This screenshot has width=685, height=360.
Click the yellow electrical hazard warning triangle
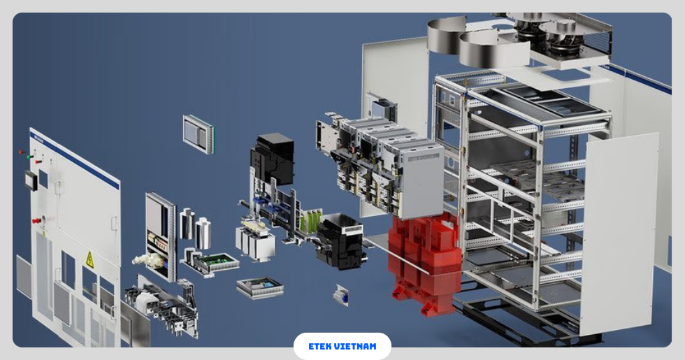89,259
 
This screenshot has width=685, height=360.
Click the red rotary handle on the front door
36,221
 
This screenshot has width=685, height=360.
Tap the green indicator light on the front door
29,157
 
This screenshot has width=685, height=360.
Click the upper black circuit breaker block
273,158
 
